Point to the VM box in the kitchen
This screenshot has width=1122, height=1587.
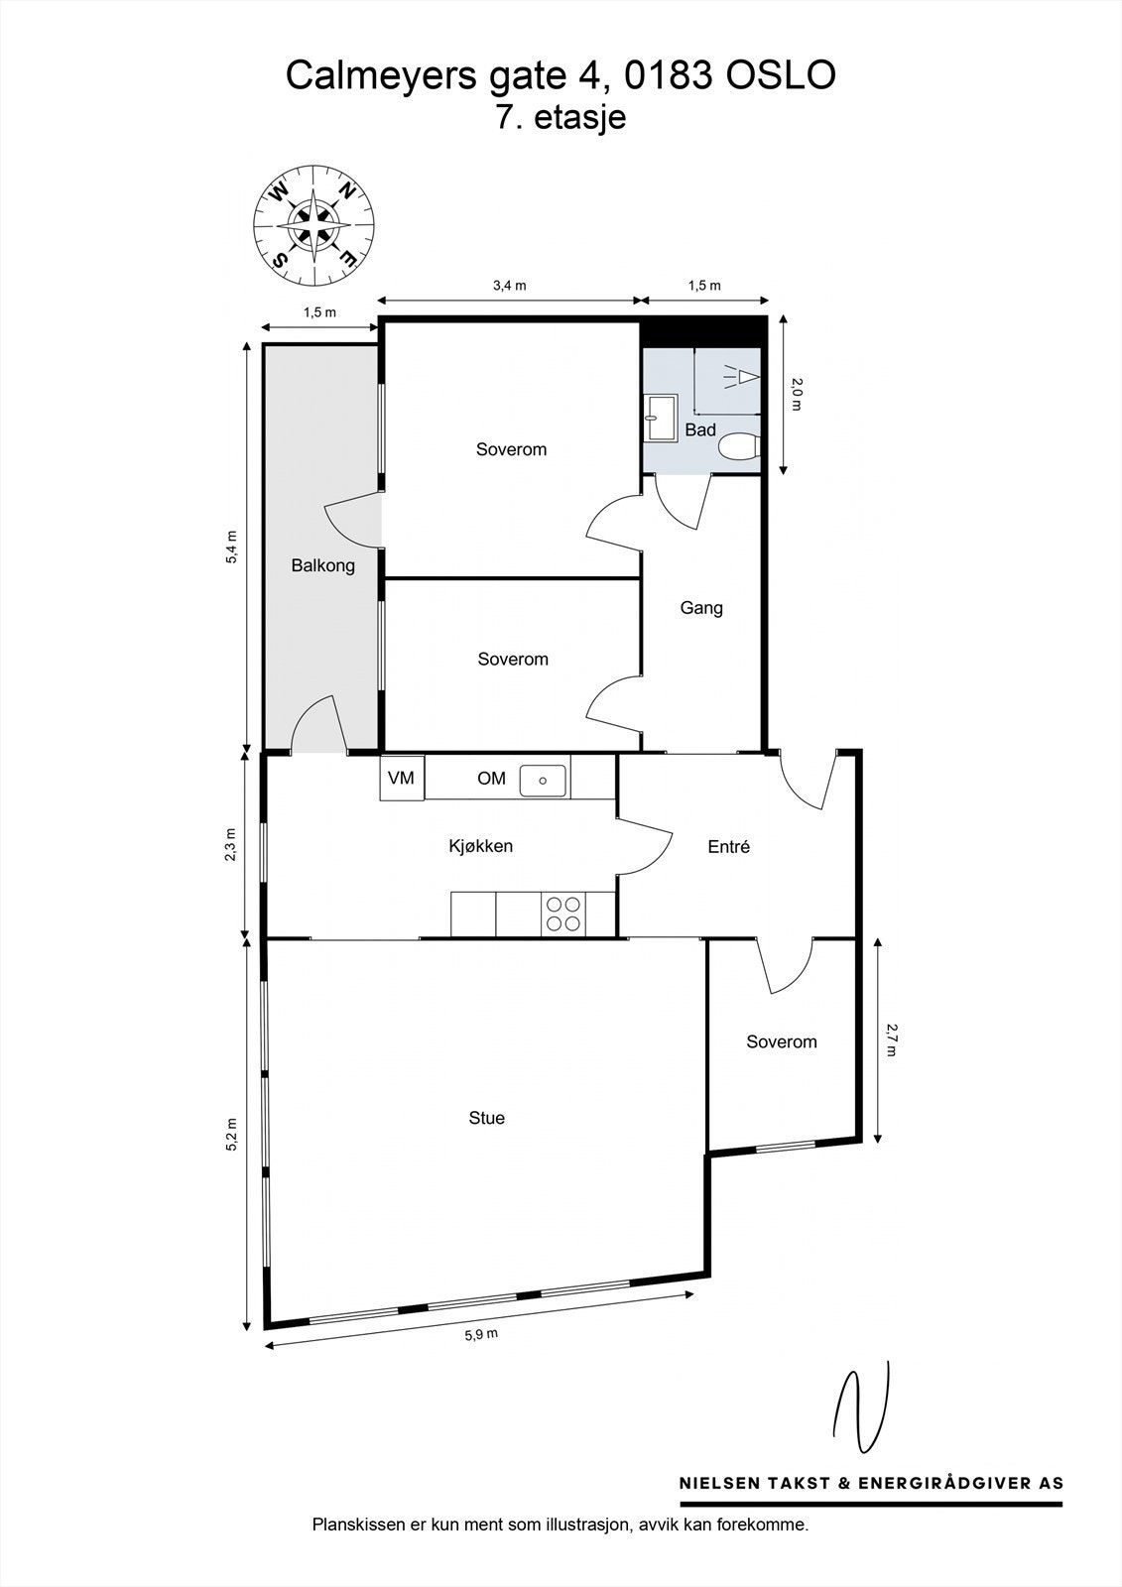[x=401, y=779]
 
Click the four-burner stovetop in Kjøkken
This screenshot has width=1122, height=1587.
[x=563, y=914]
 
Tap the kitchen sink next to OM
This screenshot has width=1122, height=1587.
[x=544, y=779]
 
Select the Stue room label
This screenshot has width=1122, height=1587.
[x=486, y=1118]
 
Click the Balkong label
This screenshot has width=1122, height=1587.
[x=322, y=565]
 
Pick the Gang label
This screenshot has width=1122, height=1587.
[x=701, y=607]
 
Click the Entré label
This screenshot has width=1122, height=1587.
[x=728, y=847]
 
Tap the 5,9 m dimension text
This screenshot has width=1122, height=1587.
[x=481, y=1334]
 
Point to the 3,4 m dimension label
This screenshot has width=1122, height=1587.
[x=509, y=286]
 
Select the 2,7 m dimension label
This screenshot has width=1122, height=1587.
[x=890, y=1039]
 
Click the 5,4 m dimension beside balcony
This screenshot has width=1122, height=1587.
[x=232, y=547]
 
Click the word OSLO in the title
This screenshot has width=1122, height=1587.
[x=782, y=75]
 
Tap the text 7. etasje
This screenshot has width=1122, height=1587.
[x=561, y=117]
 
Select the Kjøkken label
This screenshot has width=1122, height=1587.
[x=480, y=846]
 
